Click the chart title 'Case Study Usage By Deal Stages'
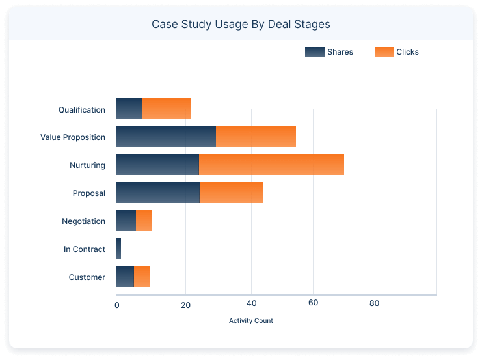[241, 25]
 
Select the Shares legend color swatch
[314, 52]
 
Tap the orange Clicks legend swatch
[384, 52]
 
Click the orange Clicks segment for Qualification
[166, 109]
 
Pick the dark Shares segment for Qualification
[129, 109]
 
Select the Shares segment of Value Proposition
[165, 137]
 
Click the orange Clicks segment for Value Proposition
[256, 137]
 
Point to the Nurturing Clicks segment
[271, 165]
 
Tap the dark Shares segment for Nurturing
[157, 165]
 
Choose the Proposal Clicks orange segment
[231, 193]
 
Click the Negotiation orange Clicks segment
[144, 221]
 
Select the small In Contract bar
[118, 249]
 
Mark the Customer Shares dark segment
[125, 277]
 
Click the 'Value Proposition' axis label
[73, 137]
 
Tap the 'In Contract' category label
[85, 249]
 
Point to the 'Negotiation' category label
[83, 221]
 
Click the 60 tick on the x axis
[313, 304]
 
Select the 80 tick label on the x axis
[375, 304]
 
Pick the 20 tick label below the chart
[185, 304]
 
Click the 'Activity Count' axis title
[251, 321]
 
